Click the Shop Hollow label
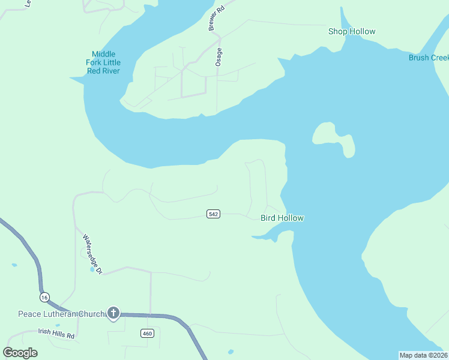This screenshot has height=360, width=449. [352, 31]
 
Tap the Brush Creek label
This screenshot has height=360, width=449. [429, 58]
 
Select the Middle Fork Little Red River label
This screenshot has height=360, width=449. [102, 62]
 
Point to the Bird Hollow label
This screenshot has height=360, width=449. [282, 218]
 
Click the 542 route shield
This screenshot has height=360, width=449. [213, 214]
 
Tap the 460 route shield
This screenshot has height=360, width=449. [148, 334]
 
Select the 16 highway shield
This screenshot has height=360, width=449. [44, 297]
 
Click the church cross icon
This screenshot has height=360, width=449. [113, 313]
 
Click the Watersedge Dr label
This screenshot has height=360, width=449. [93, 254]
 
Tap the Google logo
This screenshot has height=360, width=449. [20, 353]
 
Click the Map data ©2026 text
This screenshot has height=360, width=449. [423, 355]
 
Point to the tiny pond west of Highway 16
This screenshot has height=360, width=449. [14, 265]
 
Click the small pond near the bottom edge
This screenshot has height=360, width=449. [231, 352]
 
